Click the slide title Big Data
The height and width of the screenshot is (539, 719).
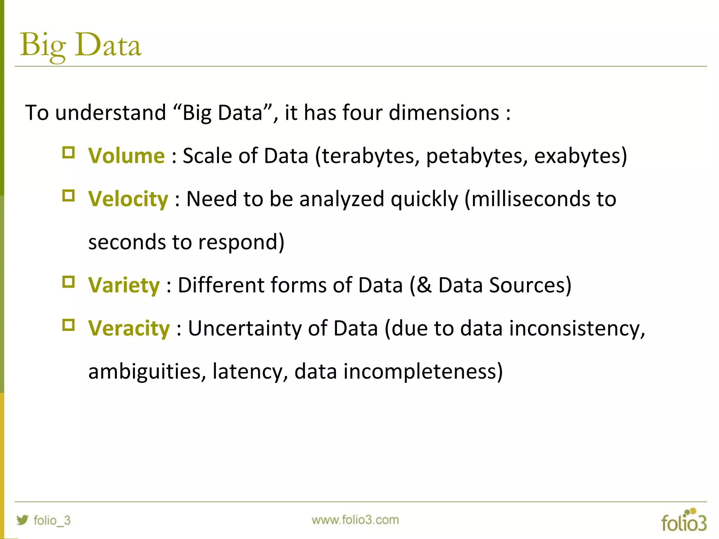point(81,46)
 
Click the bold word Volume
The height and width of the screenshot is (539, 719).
point(126,156)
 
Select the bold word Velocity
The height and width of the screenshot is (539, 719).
point(128,199)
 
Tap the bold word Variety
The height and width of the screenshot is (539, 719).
point(124,285)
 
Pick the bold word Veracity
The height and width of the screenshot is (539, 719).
point(129,328)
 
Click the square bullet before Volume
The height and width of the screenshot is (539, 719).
point(68,153)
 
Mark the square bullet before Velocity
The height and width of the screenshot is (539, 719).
point(68,196)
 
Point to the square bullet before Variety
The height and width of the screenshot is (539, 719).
point(68,282)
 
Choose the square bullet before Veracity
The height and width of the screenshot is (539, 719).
point(68,325)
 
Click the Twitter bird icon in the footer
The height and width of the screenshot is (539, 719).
point(22,520)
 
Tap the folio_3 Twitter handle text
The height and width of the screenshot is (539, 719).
point(52,520)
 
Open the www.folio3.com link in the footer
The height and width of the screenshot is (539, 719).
point(355,520)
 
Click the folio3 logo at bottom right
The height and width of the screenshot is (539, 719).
point(684,521)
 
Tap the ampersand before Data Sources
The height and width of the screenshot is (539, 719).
point(424,285)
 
